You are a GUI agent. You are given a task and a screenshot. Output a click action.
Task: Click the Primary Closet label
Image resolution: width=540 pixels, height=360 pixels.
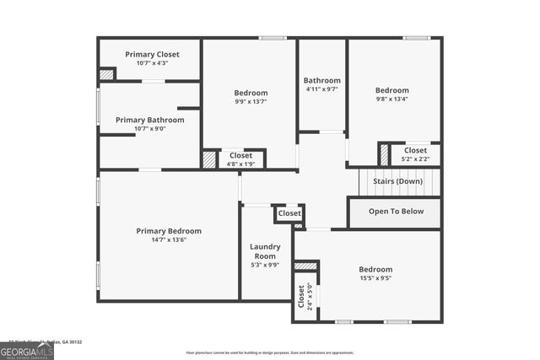point(153,53)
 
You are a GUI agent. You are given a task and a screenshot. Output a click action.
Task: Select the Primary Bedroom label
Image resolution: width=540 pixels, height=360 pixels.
point(169,231)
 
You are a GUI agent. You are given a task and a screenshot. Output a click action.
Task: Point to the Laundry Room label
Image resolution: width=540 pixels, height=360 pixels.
point(265,251)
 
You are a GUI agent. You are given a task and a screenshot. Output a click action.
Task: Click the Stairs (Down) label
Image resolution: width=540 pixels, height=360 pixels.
point(397,181)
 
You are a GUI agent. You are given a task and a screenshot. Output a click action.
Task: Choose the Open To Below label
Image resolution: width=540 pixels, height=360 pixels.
point(394,212)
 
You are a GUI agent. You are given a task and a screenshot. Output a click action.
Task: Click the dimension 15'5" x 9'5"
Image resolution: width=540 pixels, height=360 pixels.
point(375,278)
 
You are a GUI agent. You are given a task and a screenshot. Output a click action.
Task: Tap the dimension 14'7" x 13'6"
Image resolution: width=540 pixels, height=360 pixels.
point(169,240)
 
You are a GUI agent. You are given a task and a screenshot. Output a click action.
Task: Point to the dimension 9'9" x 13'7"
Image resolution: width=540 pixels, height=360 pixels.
point(251,102)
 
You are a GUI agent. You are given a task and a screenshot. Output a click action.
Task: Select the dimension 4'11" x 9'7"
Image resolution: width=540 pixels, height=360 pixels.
point(321,89)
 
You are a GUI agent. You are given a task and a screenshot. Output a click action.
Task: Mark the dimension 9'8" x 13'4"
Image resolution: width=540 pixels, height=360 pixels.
point(392,99)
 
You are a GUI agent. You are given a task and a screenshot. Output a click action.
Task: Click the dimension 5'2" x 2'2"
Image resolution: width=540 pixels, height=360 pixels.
point(415,159)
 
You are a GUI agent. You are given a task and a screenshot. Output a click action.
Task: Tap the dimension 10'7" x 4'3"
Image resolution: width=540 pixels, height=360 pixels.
point(153,62)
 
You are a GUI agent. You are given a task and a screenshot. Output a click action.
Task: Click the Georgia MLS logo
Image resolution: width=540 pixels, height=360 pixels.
point(27,349)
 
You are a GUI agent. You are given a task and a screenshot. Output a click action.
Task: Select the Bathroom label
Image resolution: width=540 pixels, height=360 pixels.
point(321,80)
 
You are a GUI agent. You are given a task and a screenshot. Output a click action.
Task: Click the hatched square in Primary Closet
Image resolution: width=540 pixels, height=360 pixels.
point(106,74)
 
